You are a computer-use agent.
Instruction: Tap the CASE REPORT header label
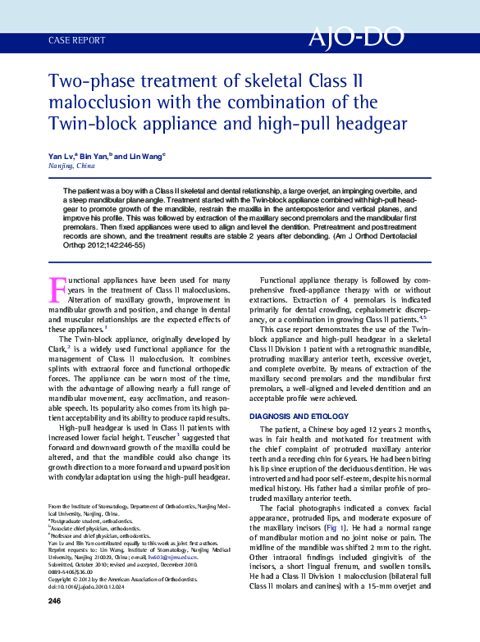[77, 39]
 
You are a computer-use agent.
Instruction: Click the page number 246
[55, 624]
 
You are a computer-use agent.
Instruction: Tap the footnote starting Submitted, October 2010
[123, 565]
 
